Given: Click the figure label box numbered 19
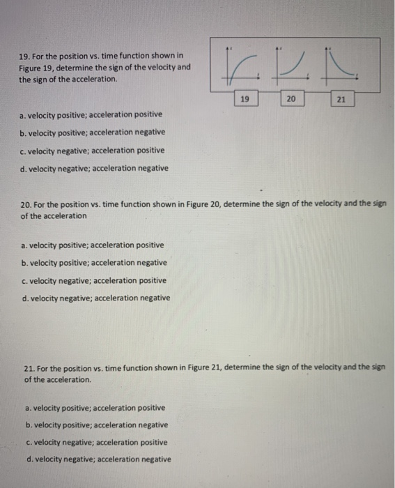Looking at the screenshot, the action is [x=244, y=100].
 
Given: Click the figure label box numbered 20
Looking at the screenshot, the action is [x=291, y=100].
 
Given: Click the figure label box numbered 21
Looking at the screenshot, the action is [x=340, y=100].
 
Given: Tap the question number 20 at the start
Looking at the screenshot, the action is [x=27, y=204].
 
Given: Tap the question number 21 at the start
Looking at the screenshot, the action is [x=29, y=368].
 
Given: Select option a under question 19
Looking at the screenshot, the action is [x=92, y=114].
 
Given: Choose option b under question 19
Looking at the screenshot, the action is [x=93, y=132].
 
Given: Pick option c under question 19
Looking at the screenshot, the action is [x=93, y=150].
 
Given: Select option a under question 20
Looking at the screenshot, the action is [x=93, y=245].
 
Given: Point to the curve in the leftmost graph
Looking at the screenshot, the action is [x=240, y=67].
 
